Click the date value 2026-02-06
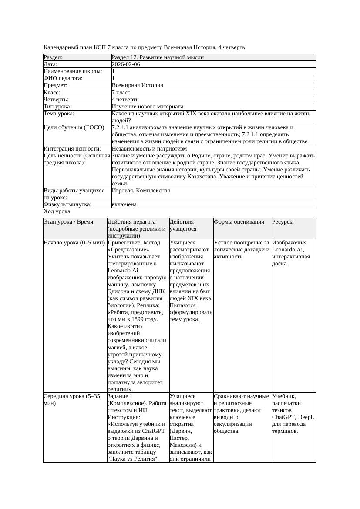coord(126,64)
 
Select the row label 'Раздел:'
coord(53,57)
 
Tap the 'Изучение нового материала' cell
coord(147,107)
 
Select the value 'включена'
coord(124,204)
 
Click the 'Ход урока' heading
coord(57,211)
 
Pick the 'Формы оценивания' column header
coord(239,222)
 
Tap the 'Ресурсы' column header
coord(283,222)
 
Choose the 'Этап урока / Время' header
coord(68,222)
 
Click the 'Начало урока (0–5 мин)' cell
coord(74,243)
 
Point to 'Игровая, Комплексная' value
coord(141,191)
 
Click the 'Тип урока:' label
coord(57,107)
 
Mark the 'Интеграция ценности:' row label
coord(72,149)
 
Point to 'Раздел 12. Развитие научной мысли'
coord(158,57)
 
